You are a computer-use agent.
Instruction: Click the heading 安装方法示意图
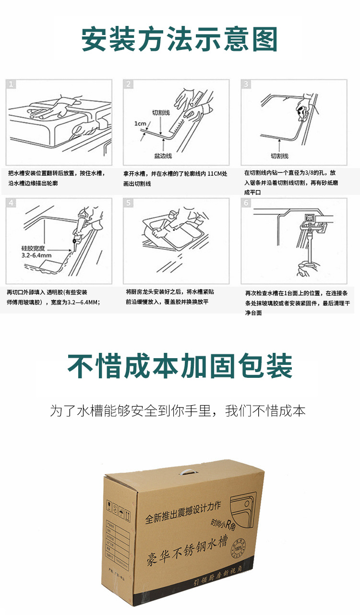point(180,39)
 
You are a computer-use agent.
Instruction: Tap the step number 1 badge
point(12,84)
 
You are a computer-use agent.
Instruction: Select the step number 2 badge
point(129,84)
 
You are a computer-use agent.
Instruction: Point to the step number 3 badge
point(246,84)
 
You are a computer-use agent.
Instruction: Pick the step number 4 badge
point(12,203)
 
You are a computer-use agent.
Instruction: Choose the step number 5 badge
point(129,203)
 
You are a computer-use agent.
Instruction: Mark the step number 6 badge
point(246,203)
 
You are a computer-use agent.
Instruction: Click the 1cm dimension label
point(140,123)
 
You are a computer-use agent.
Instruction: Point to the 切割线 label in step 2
point(161,112)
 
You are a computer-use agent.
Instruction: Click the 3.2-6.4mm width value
point(36,256)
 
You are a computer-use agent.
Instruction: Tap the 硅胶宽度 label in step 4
point(33,248)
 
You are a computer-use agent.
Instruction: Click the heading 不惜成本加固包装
point(180,366)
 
